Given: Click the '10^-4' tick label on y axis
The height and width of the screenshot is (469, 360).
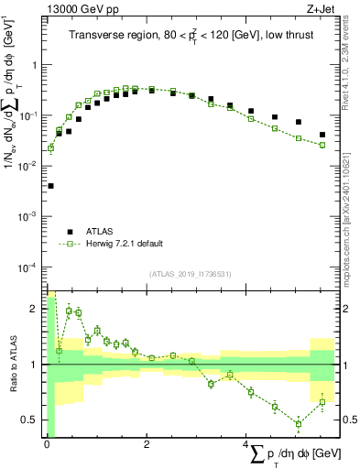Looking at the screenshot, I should click(x=28, y=267).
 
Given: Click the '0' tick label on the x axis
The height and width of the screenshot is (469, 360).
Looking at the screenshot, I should click(x=47, y=444).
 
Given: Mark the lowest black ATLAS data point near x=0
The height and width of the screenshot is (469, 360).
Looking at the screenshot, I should click(x=49, y=186).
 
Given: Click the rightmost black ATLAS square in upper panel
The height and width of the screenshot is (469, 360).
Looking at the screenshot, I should click(x=322, y=135).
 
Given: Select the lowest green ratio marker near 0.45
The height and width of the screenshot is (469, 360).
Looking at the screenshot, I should click(x=299, y=423).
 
